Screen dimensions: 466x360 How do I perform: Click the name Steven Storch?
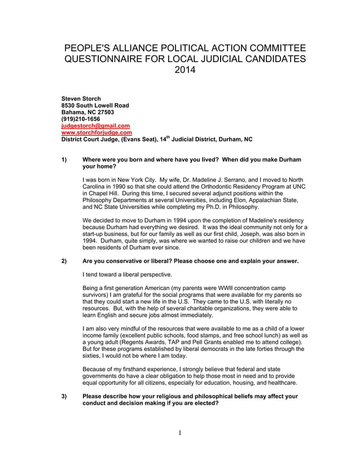[81, 99]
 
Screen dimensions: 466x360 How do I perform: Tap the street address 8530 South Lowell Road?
[95, 105]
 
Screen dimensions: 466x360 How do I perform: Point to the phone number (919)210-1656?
[81, 119]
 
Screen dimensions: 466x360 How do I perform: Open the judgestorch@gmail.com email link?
[95, 126]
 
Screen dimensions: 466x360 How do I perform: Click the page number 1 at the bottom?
[180, 433]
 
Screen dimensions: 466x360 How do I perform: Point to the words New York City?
[135, 179]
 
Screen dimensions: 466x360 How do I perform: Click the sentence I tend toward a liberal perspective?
[127, 274]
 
